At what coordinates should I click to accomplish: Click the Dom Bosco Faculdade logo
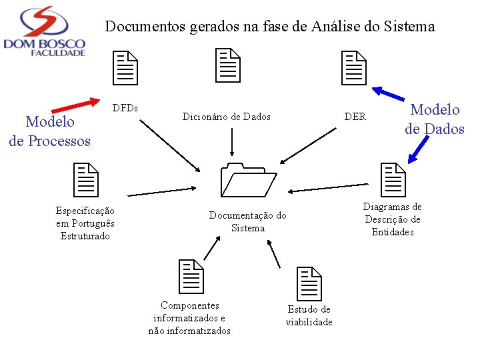pos(45,31)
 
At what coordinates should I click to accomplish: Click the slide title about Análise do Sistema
pos(270,27)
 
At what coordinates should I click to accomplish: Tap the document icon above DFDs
pos(125,68)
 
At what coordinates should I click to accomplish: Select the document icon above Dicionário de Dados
pos(228,65)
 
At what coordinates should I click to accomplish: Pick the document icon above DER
pos(354,68)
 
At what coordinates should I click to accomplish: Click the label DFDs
pos(125,107)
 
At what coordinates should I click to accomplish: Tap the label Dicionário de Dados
pos(227,117)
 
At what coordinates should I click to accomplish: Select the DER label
pos(355,117)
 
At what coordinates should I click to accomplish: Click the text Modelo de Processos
pos(50,131)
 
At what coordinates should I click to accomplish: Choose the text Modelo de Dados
pos(435,119)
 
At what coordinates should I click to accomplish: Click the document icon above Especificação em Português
pos(85,180)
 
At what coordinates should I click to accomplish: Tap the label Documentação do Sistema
pos(247,221)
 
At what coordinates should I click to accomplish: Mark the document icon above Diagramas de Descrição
pos(393,180)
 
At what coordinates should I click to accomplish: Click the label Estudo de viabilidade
pos(309,316)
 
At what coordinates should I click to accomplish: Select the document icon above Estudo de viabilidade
pos(309,283)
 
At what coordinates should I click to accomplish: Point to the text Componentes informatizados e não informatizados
pos(189,318)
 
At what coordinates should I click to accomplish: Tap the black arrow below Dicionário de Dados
pos(231,141)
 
